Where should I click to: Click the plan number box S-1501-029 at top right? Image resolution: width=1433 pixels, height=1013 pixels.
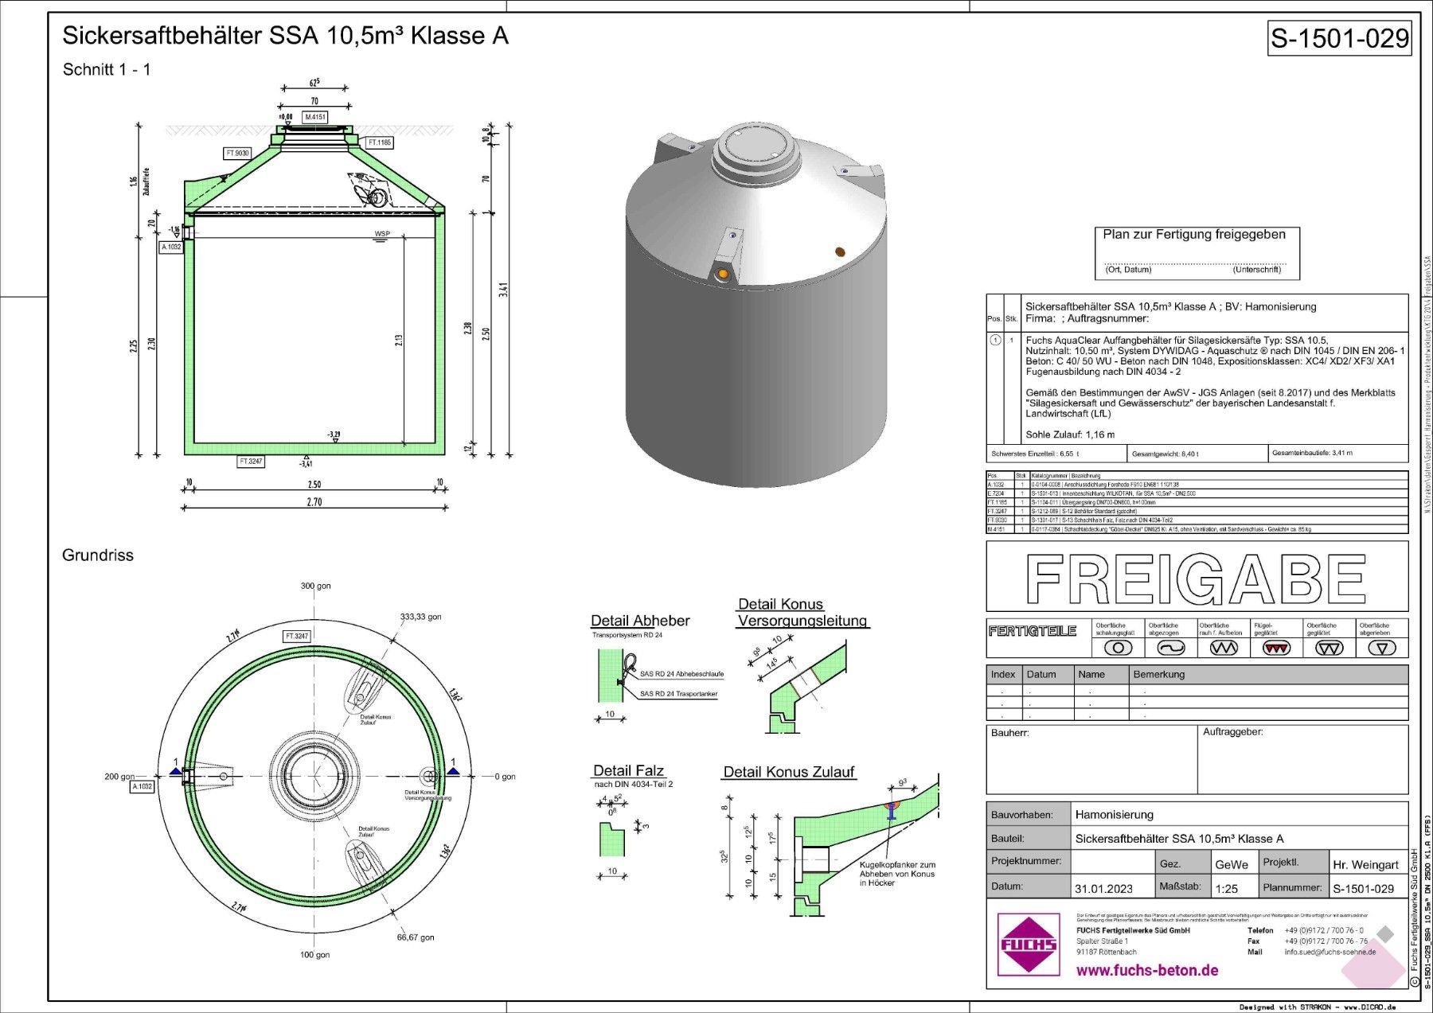1339,38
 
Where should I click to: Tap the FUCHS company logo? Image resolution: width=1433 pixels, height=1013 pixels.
1028,945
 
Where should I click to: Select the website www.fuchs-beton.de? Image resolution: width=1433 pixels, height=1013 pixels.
1146,970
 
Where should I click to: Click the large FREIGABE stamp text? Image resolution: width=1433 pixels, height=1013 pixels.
1196,579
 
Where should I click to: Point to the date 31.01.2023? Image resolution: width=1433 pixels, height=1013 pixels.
1103,888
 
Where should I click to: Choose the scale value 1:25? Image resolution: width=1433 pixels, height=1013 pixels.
1225,888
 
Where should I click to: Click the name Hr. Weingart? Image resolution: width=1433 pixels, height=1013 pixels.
1365,864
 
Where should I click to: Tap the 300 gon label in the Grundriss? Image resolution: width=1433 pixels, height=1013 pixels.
316,586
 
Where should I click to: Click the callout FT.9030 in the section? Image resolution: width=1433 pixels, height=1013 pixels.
238,153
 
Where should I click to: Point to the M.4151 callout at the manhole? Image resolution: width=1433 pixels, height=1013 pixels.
315,117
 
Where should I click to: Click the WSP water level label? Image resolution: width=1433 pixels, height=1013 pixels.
384,234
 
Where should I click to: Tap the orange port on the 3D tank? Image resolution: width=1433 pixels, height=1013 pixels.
723,275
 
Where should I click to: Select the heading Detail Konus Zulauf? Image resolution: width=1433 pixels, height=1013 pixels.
788,772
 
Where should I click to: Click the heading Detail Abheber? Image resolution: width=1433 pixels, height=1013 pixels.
640,621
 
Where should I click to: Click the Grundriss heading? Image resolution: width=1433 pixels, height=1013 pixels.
98,555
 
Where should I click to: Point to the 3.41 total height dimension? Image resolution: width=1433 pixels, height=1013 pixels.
503,291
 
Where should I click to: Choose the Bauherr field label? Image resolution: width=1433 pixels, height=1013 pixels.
1009,732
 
